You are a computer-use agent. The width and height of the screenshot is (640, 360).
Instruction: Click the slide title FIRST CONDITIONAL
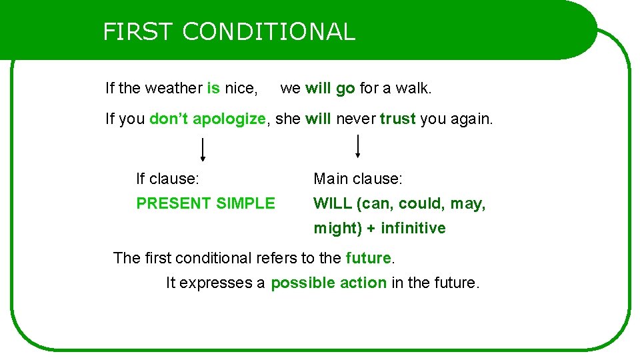pos(229,31)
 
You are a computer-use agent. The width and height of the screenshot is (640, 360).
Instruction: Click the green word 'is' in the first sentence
pos(213,88)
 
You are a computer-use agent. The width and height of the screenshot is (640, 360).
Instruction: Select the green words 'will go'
pos(330,88)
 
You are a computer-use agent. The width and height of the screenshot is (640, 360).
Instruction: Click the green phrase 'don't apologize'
pos(207,119)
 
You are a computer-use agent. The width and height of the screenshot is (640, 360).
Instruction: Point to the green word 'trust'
pos(397,119)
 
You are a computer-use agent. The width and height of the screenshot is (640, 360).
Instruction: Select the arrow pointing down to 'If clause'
pos(203,150)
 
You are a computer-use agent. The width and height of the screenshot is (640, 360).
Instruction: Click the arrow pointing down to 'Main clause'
pos(358,146)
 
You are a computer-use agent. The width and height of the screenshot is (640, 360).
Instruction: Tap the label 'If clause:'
pos(167,179)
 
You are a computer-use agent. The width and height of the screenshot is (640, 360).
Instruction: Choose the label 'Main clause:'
pos(358,179)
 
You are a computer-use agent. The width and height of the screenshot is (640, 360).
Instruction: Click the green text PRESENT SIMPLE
pos(205,203)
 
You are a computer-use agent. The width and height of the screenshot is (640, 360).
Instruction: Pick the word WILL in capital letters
pos(333,203)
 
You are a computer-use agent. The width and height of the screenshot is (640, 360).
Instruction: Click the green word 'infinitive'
pos(413,228)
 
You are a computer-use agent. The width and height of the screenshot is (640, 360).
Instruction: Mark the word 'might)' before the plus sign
pos(337,228)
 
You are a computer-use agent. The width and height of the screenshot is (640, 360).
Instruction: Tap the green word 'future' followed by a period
pos(368,258)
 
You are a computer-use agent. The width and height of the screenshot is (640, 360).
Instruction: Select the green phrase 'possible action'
pos(329,283)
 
